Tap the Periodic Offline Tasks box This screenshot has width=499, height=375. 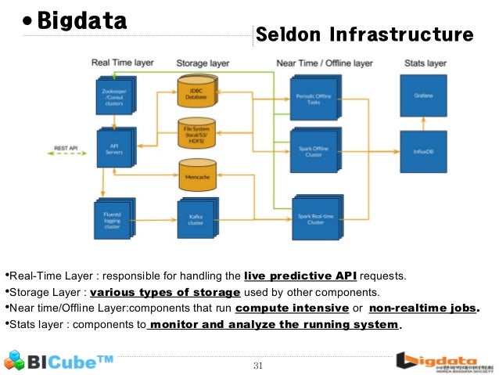point(313,97)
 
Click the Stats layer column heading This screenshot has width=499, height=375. point(425,62)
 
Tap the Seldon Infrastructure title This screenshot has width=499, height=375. point(364,34)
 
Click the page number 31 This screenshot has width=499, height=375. point(258,365)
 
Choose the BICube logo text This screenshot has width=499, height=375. point(70,362)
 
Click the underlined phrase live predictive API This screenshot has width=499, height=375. point(300,276)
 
